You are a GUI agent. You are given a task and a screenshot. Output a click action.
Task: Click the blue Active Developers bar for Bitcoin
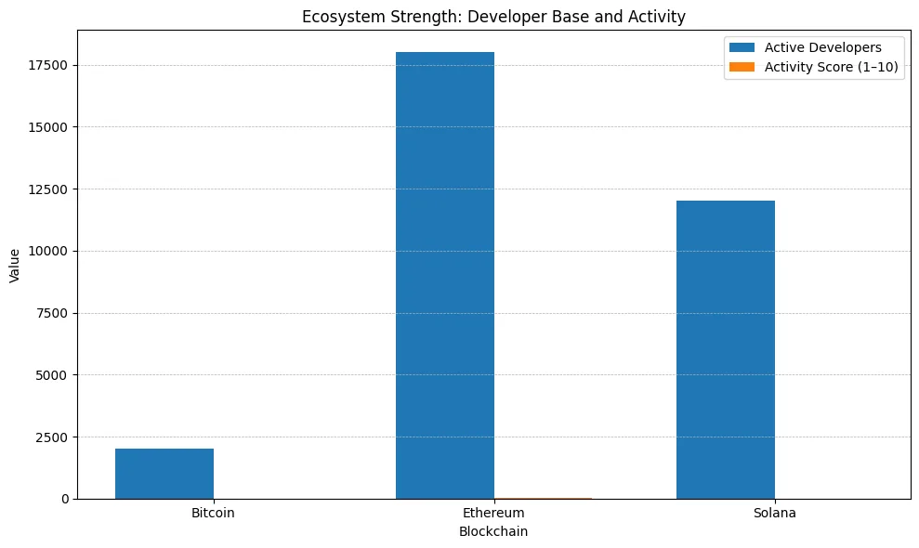coord(164,474)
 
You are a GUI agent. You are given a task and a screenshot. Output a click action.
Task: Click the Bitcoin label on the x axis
coord(213,513)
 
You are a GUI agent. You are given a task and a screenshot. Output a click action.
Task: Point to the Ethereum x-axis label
coord(493,513)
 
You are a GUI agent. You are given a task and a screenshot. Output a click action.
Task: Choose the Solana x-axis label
coord(774,513)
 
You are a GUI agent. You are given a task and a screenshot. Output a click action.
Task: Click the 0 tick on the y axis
coord(66,499)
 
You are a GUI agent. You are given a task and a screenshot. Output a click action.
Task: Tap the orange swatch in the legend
coord(743,67)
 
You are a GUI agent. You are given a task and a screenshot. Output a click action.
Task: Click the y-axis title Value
coord(15,265)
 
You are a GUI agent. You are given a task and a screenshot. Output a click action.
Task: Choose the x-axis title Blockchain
coord(493,532)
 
